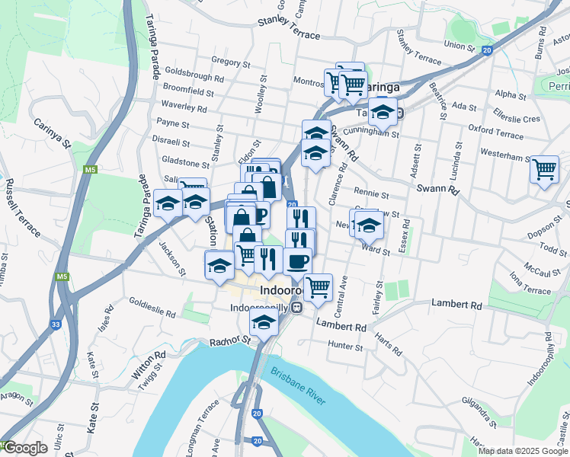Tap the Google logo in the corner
click(x=25, y=448)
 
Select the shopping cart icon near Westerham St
click(x=544, y=169)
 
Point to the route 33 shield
click(x=56, y=324)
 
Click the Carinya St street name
click(x=52, y=133)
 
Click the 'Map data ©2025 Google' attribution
click(x=524, y=451)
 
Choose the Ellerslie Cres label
click(x=516, y=119)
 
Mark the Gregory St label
click(x=226, y=60)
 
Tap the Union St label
click(x=460, y=46)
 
